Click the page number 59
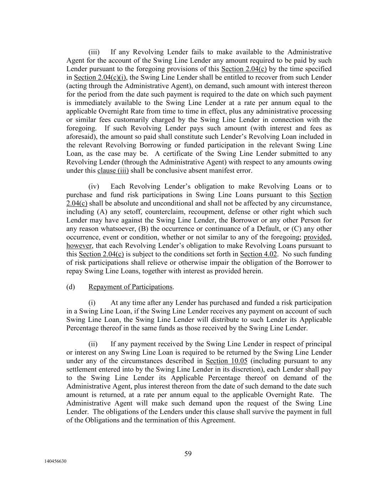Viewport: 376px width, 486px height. tap(188, 454)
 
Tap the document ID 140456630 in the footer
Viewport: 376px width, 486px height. tap(55, 461)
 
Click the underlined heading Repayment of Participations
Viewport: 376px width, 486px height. tap(130, 287)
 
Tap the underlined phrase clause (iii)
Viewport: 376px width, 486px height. tap(113, 171)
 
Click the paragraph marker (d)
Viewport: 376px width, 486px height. tap(71, 287)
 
